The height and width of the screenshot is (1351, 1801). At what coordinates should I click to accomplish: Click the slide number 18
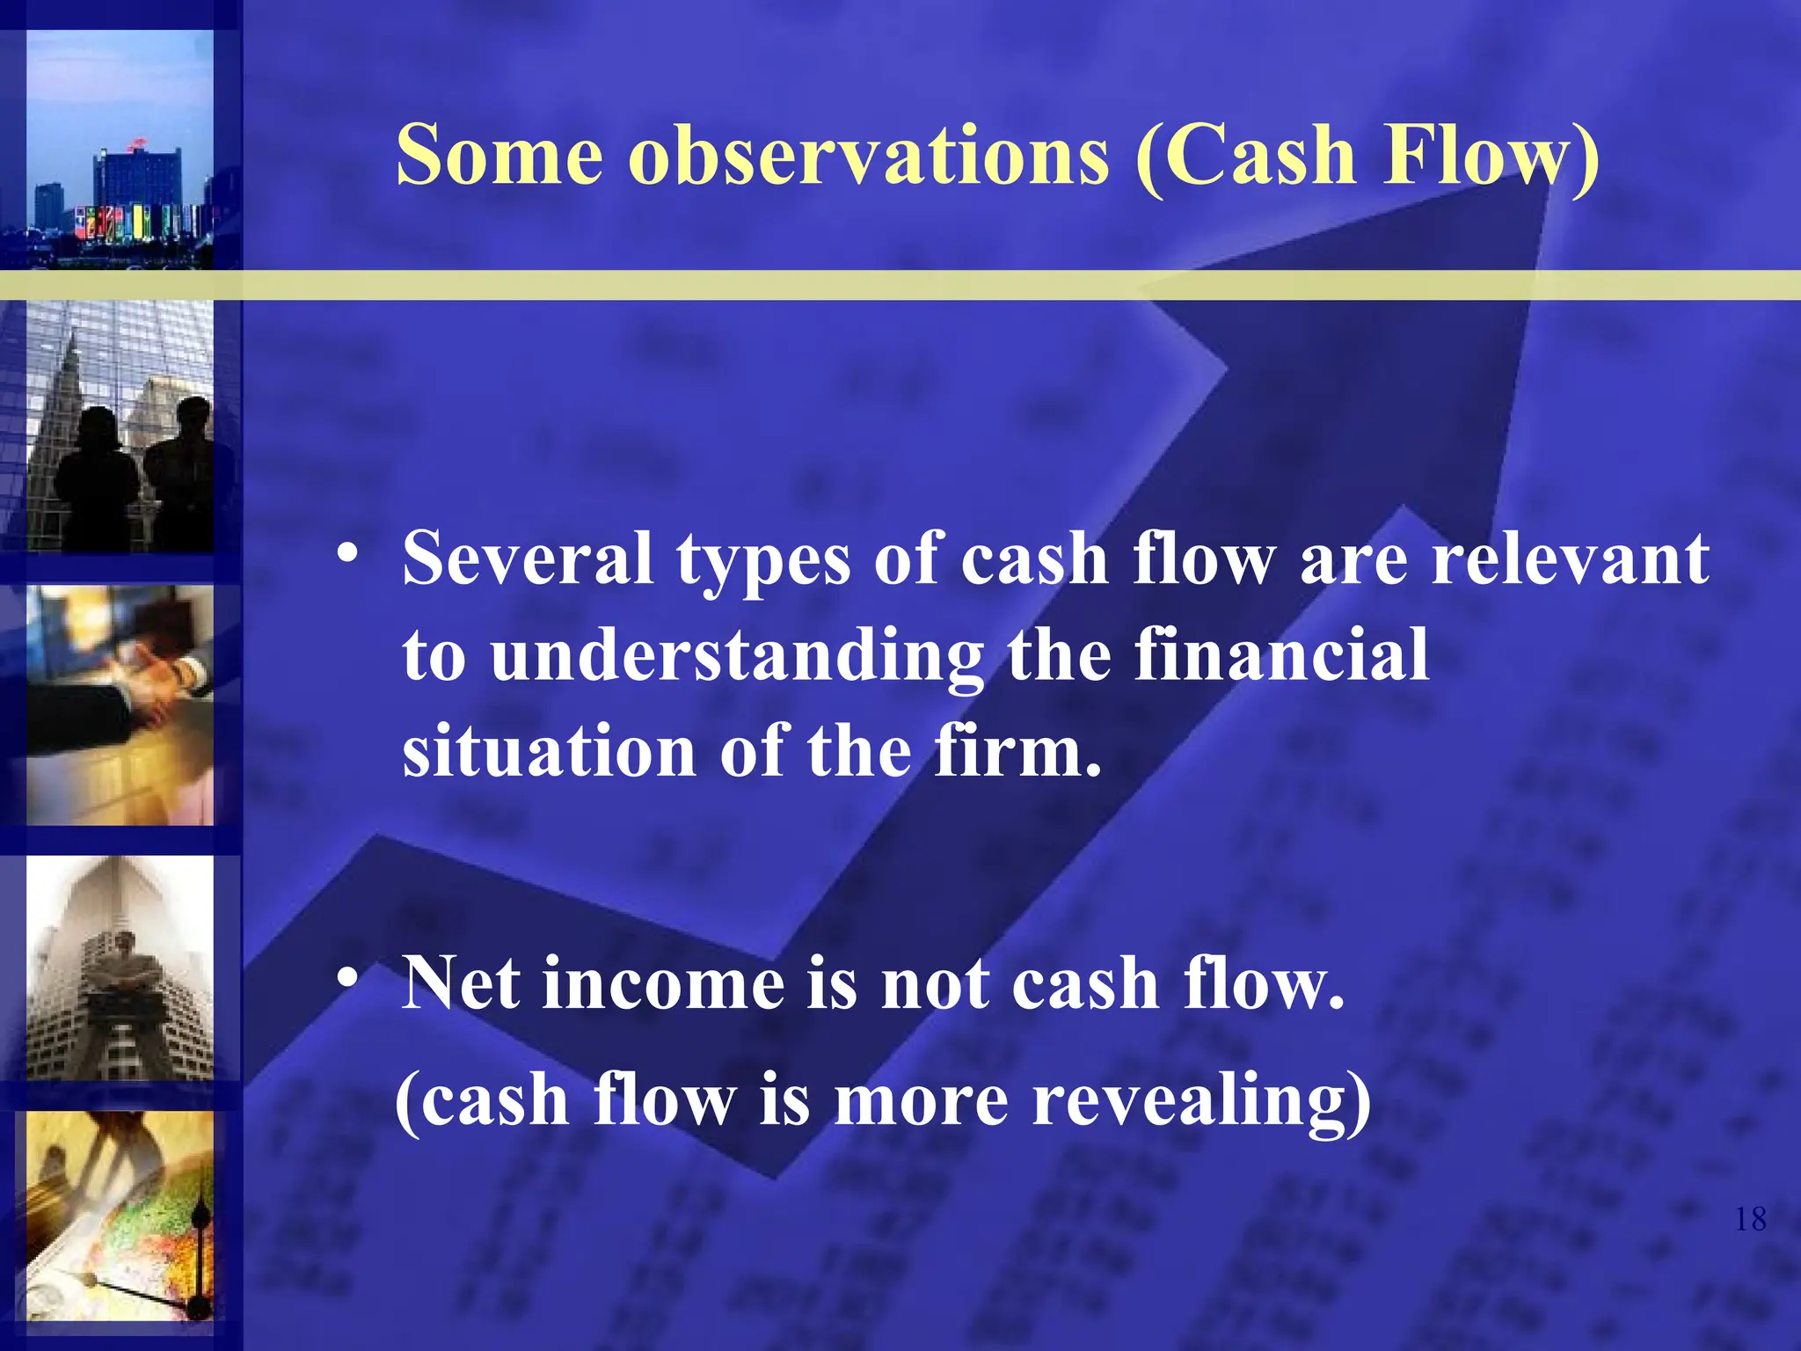click(1750, 1219)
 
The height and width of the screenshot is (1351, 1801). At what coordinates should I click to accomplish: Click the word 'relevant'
click(1570, 559)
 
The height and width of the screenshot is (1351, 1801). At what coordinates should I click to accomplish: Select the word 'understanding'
click(737, 657)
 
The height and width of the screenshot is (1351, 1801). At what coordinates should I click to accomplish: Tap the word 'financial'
click(1281, 655)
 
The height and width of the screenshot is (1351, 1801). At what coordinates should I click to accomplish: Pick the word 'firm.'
click(1017, 752)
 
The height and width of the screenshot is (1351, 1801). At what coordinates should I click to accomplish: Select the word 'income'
click(663, 983)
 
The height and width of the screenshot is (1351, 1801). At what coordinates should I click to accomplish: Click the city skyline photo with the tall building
click(120, 150)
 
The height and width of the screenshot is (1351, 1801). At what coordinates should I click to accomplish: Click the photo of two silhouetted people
click(120, 427)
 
